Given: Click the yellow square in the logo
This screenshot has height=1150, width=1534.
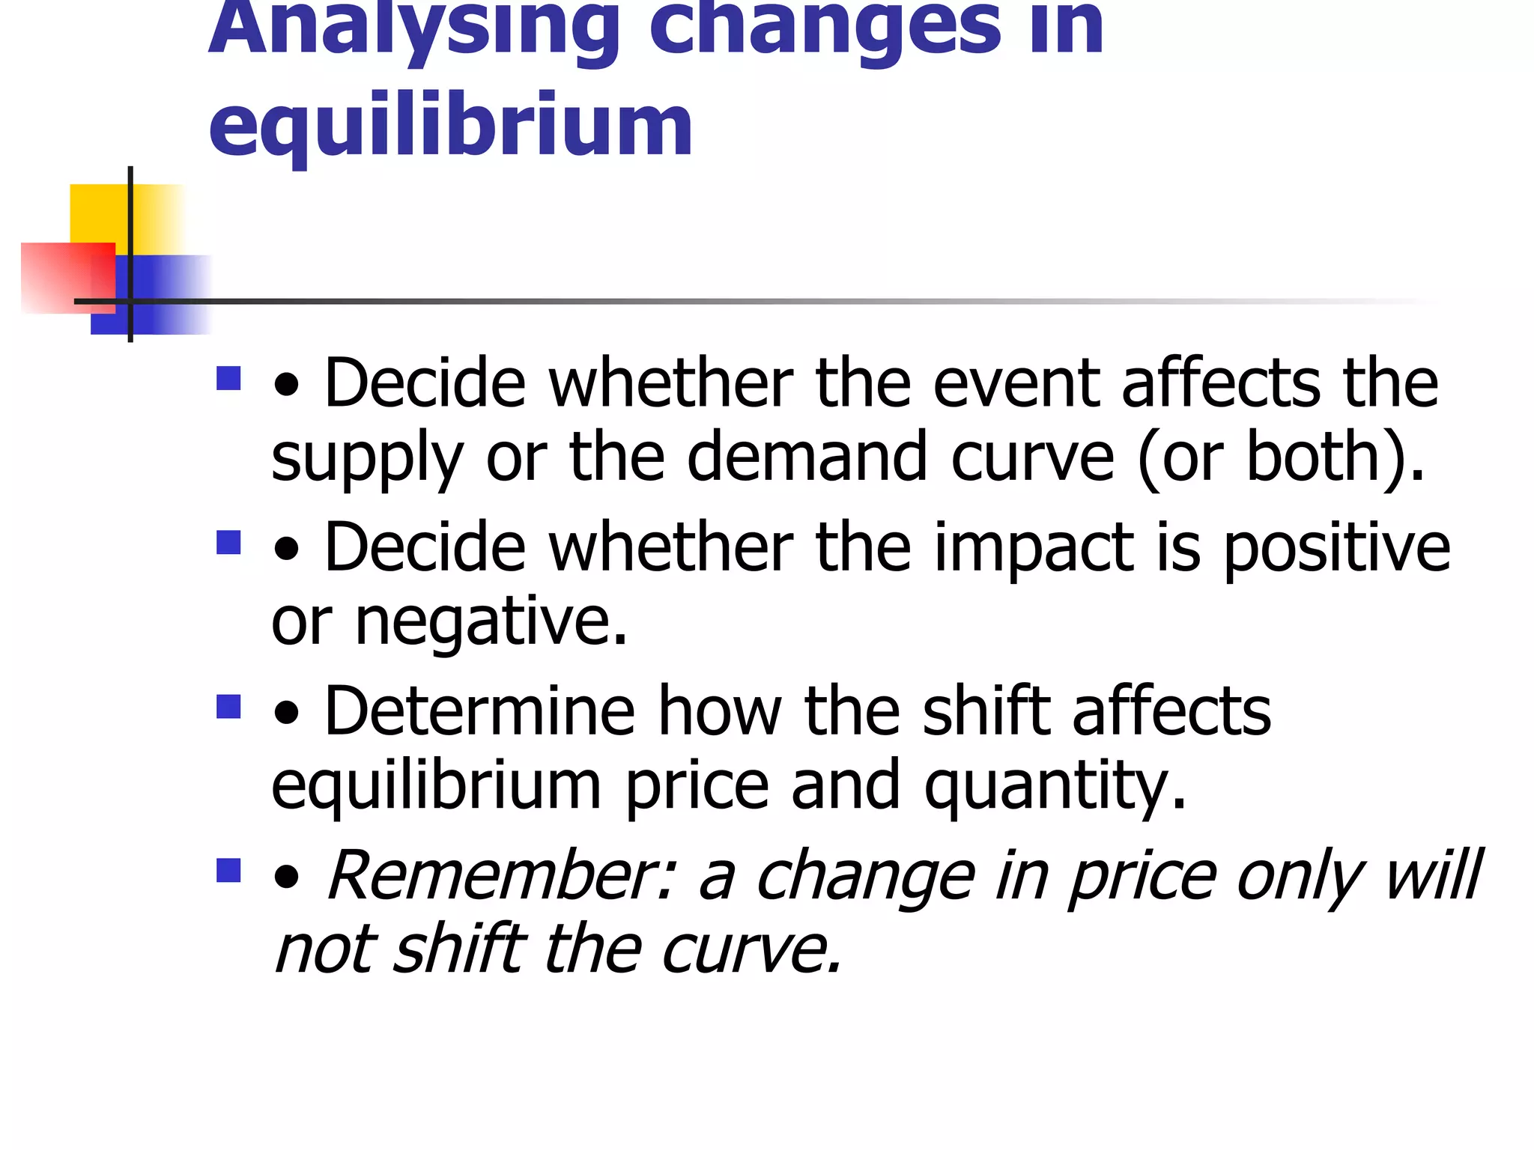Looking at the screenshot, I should tap(101, 213).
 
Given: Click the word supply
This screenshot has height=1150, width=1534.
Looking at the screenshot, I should tap(367, 458).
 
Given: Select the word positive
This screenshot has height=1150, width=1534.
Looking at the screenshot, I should tap(1336, 548).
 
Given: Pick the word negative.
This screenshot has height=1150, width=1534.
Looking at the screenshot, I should tap(491, 621).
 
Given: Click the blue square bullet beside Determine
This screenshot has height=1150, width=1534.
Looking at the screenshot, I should tap(228, 706).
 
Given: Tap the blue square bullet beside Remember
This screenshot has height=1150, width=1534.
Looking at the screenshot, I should tap(228, 870).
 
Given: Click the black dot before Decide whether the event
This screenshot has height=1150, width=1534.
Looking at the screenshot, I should tap(286, 386).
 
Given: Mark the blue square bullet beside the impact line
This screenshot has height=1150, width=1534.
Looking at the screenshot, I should tap(228, 542).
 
